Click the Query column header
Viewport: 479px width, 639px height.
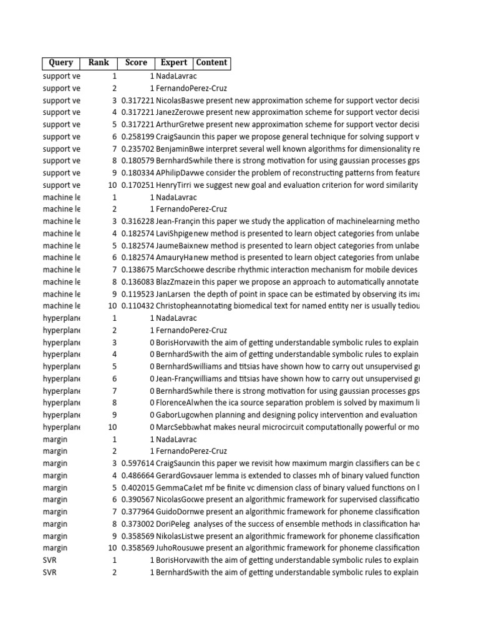tap(61, 62)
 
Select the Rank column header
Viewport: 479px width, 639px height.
tap(99, 62)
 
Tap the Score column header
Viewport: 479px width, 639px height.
tap(136, 62)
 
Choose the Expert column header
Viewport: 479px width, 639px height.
tap(174, 62)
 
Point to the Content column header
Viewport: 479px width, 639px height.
tap(211, 62)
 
